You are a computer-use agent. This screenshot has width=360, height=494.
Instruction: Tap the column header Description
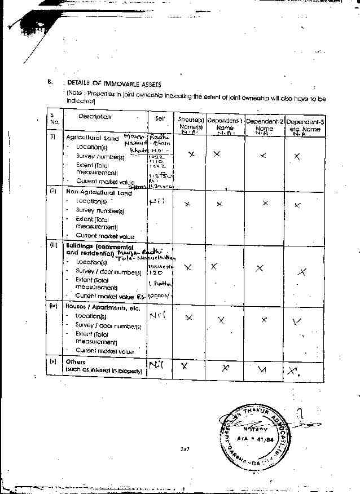coord(94,117)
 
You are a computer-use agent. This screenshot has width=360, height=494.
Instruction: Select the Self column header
coord(160,118)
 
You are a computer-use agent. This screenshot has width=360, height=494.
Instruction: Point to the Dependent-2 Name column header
coord(264,125)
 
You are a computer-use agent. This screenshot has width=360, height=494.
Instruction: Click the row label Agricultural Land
coord(92,138)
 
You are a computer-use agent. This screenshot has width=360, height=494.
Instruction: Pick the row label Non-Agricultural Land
coord(99,193)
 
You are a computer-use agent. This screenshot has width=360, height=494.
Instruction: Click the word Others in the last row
coord(76,362)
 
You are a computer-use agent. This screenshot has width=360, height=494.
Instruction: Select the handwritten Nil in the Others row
coord(156,367)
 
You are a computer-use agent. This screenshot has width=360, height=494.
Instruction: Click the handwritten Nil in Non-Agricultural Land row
coord(157,201)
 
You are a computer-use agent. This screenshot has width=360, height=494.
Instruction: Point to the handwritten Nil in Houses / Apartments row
coord(157,316)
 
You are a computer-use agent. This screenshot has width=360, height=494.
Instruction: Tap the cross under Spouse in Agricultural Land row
coord(192,154)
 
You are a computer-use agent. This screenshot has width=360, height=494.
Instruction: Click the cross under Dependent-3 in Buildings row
coord(302,272)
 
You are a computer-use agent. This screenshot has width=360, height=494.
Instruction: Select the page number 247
coord(184,449)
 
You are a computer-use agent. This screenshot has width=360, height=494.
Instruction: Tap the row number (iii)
coord(54,246)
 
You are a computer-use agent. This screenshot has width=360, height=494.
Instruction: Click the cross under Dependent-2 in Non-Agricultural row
coord(265,203)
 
